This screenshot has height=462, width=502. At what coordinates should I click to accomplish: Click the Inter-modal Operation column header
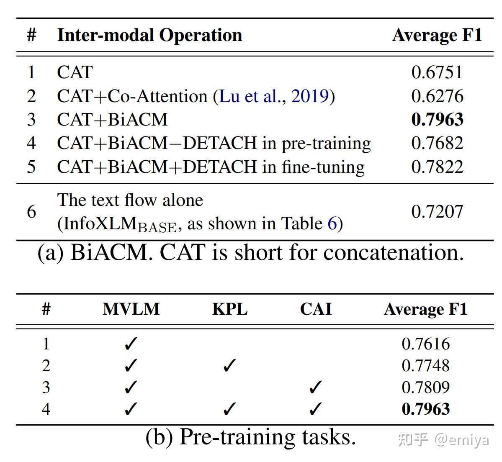point(149,35)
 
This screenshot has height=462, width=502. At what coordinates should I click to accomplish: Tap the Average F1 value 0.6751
point(437,72)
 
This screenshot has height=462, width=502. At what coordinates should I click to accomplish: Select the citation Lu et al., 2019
point(274,96)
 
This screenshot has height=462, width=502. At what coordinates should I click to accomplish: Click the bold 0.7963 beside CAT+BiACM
point(437,120)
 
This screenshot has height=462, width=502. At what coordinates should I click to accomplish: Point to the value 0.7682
point(437,143)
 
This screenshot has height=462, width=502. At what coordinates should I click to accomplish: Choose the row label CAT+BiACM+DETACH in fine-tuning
point(211,167)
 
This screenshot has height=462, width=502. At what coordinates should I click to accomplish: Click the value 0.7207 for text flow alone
point(437,212)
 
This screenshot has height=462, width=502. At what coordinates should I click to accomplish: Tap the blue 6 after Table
point(332,224)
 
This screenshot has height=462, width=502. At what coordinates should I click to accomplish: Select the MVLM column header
point(131,309)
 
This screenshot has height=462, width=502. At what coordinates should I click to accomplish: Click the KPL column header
point(230,309)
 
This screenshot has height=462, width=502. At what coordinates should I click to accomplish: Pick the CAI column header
point(316,309)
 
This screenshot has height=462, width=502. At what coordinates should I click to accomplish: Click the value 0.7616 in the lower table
point(425,344)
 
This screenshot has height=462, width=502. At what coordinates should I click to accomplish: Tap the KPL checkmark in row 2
point(229,366)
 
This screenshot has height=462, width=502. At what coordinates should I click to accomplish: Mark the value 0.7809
point(425,388)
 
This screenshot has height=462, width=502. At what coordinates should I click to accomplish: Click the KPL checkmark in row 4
point(229,409)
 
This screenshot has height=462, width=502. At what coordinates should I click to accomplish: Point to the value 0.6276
point(437,96)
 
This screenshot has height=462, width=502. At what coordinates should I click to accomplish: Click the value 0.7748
point(425,366)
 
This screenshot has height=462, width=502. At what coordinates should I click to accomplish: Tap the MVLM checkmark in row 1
point(131,344)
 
